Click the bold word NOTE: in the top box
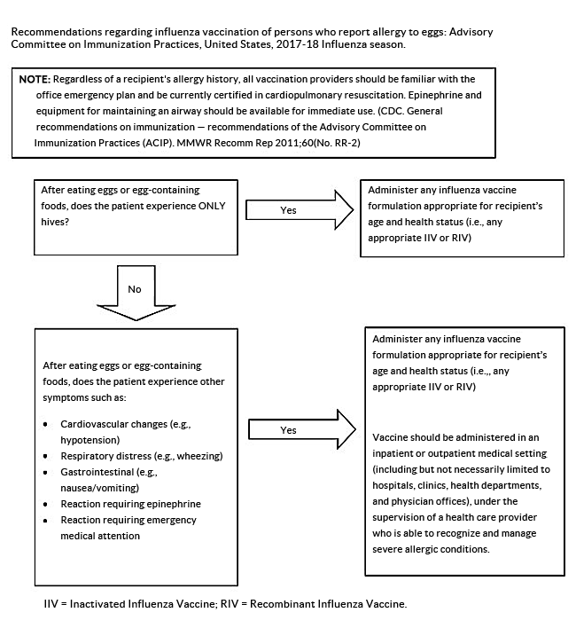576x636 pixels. (x=37, y=79)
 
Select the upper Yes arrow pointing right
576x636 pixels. (x=287, y=210)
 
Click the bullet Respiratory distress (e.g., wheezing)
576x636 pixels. (x=141, y=455)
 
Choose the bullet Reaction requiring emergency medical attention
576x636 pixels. (x=128, y=520)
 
